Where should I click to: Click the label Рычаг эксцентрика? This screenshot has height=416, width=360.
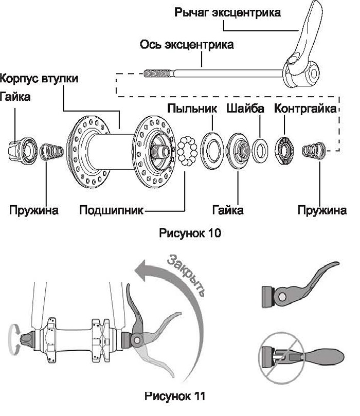(x=227, y=12)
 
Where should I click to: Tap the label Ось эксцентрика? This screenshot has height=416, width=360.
(x=187, y=44)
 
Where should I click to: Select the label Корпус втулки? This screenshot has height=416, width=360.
(x=39, y=79)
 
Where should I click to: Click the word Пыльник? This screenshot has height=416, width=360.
(x=192, y=108)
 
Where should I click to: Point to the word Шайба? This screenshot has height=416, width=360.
(x=245, y=108)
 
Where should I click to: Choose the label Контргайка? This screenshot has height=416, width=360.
(x=305, y=108)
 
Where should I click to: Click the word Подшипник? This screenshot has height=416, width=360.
(x=112, y=210)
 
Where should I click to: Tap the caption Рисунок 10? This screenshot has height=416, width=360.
(x=190, y=233)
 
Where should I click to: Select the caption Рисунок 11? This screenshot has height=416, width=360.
(x=175, y=396)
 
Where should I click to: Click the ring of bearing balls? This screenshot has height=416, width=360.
(x=187, y=151)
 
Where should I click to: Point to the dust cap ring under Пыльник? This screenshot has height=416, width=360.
(x=210, y=151)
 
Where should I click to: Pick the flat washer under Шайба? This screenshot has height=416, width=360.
(x=260, y=150)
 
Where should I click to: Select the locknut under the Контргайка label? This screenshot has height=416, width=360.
(x=284, y=150)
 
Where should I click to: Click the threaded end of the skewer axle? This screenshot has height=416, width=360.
(x=158, y=73)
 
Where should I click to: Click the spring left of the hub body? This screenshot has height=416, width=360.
(x=51, y=151)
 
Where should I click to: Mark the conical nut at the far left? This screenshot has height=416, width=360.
(x=23, y=150)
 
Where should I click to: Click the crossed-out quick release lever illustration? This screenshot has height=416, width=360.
(x=302, y=356)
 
